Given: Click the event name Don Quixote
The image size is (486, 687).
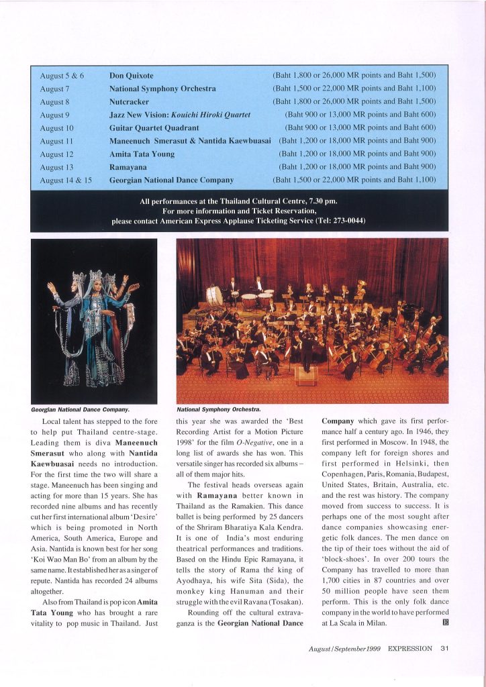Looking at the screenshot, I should tap(131, 76).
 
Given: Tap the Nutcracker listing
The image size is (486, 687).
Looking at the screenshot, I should tap(128, 101).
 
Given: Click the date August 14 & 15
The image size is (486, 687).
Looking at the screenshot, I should tap(65, 180).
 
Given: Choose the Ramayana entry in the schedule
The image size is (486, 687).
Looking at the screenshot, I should tap(128, 166).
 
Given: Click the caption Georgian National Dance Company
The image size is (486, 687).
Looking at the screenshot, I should tap(80, 409).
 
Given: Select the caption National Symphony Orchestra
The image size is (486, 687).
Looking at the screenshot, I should tap(218, 409).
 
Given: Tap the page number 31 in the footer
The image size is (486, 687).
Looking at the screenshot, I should tap(444, 648).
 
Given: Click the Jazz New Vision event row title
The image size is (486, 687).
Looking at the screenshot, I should tap(180, 115).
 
